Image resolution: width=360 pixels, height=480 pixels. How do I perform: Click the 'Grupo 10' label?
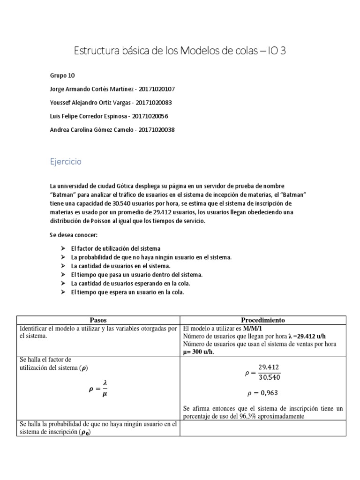click(62, 75)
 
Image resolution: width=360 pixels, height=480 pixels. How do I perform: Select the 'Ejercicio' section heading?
click(66, 162)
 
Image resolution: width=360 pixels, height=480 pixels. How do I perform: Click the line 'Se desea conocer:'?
click(73, 234)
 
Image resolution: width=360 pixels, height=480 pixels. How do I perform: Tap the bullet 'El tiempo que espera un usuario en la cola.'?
click(127, 292)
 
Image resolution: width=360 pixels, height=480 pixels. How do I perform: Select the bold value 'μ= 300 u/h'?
click(197, 352)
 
